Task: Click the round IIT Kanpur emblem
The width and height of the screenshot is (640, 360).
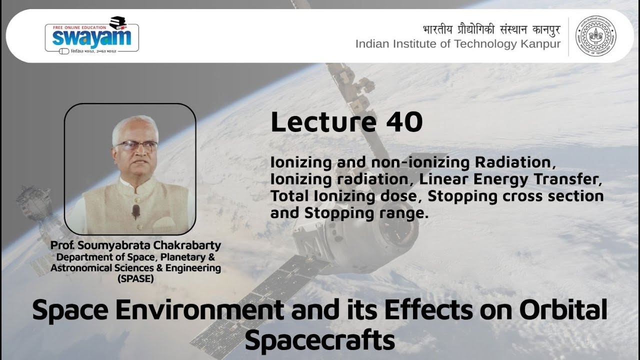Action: click(596, 36)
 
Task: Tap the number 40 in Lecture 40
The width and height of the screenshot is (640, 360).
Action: click(404, 122)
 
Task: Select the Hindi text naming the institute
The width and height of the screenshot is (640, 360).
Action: click(491, 29)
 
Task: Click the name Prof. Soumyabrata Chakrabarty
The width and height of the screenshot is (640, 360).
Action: click(135, 246)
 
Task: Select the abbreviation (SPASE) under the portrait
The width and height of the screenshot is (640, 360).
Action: click(135, 278)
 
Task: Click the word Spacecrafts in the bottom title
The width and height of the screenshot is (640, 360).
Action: click(320, 341)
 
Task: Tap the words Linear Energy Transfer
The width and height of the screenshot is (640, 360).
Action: click(508, 179)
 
